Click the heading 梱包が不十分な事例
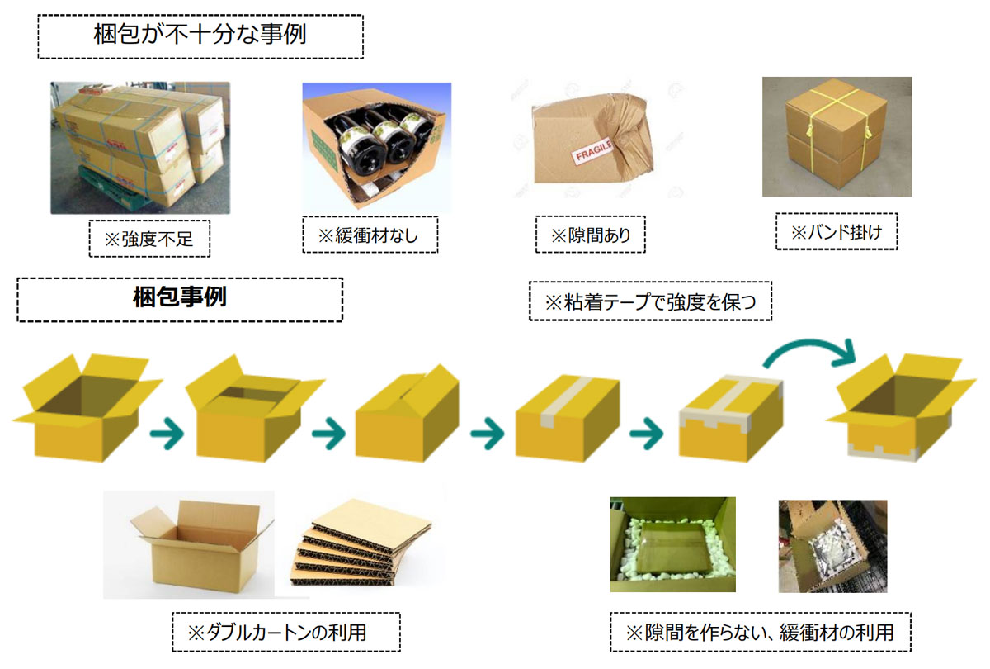point(200,35)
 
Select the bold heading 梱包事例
point(180,297)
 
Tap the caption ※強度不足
point(149,240)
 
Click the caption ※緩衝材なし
point(368,235)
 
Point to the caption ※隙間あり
point(590,235)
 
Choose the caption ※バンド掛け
point(837,232)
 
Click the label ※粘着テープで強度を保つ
point(650,302)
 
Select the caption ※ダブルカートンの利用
point(277,633)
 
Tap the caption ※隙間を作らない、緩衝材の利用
point(760,633)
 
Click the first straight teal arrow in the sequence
point(167,433)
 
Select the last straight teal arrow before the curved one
point(646,433)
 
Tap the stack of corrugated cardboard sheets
point(361,543)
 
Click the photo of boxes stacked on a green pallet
point(140,148)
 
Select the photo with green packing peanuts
point(672,544)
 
